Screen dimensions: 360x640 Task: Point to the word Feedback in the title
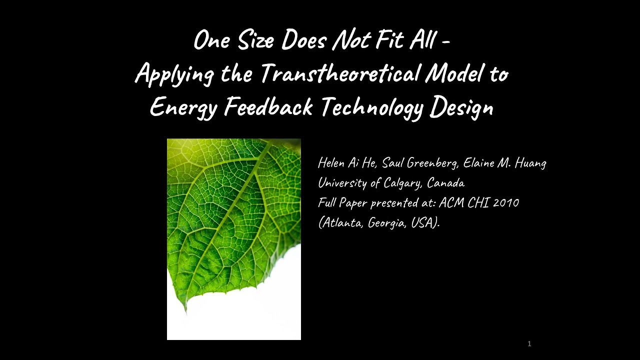268,106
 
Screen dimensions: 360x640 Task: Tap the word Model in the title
454,74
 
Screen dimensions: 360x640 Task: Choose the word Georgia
386,223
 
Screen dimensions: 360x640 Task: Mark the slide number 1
529,344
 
